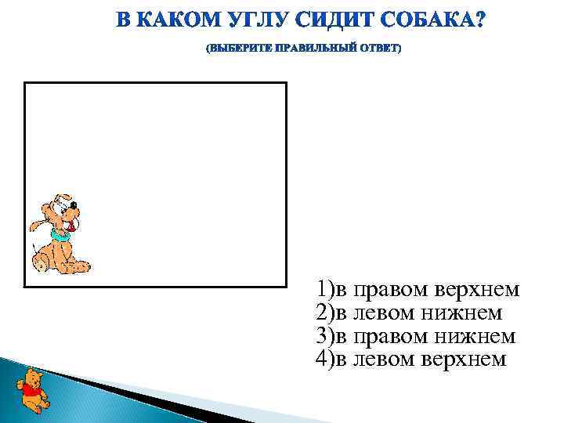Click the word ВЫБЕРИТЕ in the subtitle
point(238,49)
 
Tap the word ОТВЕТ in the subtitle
point(379,49)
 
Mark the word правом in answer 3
point(388,337)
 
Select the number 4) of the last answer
point(324,360)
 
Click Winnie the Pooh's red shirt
point(31,389)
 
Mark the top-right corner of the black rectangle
point(286,83)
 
